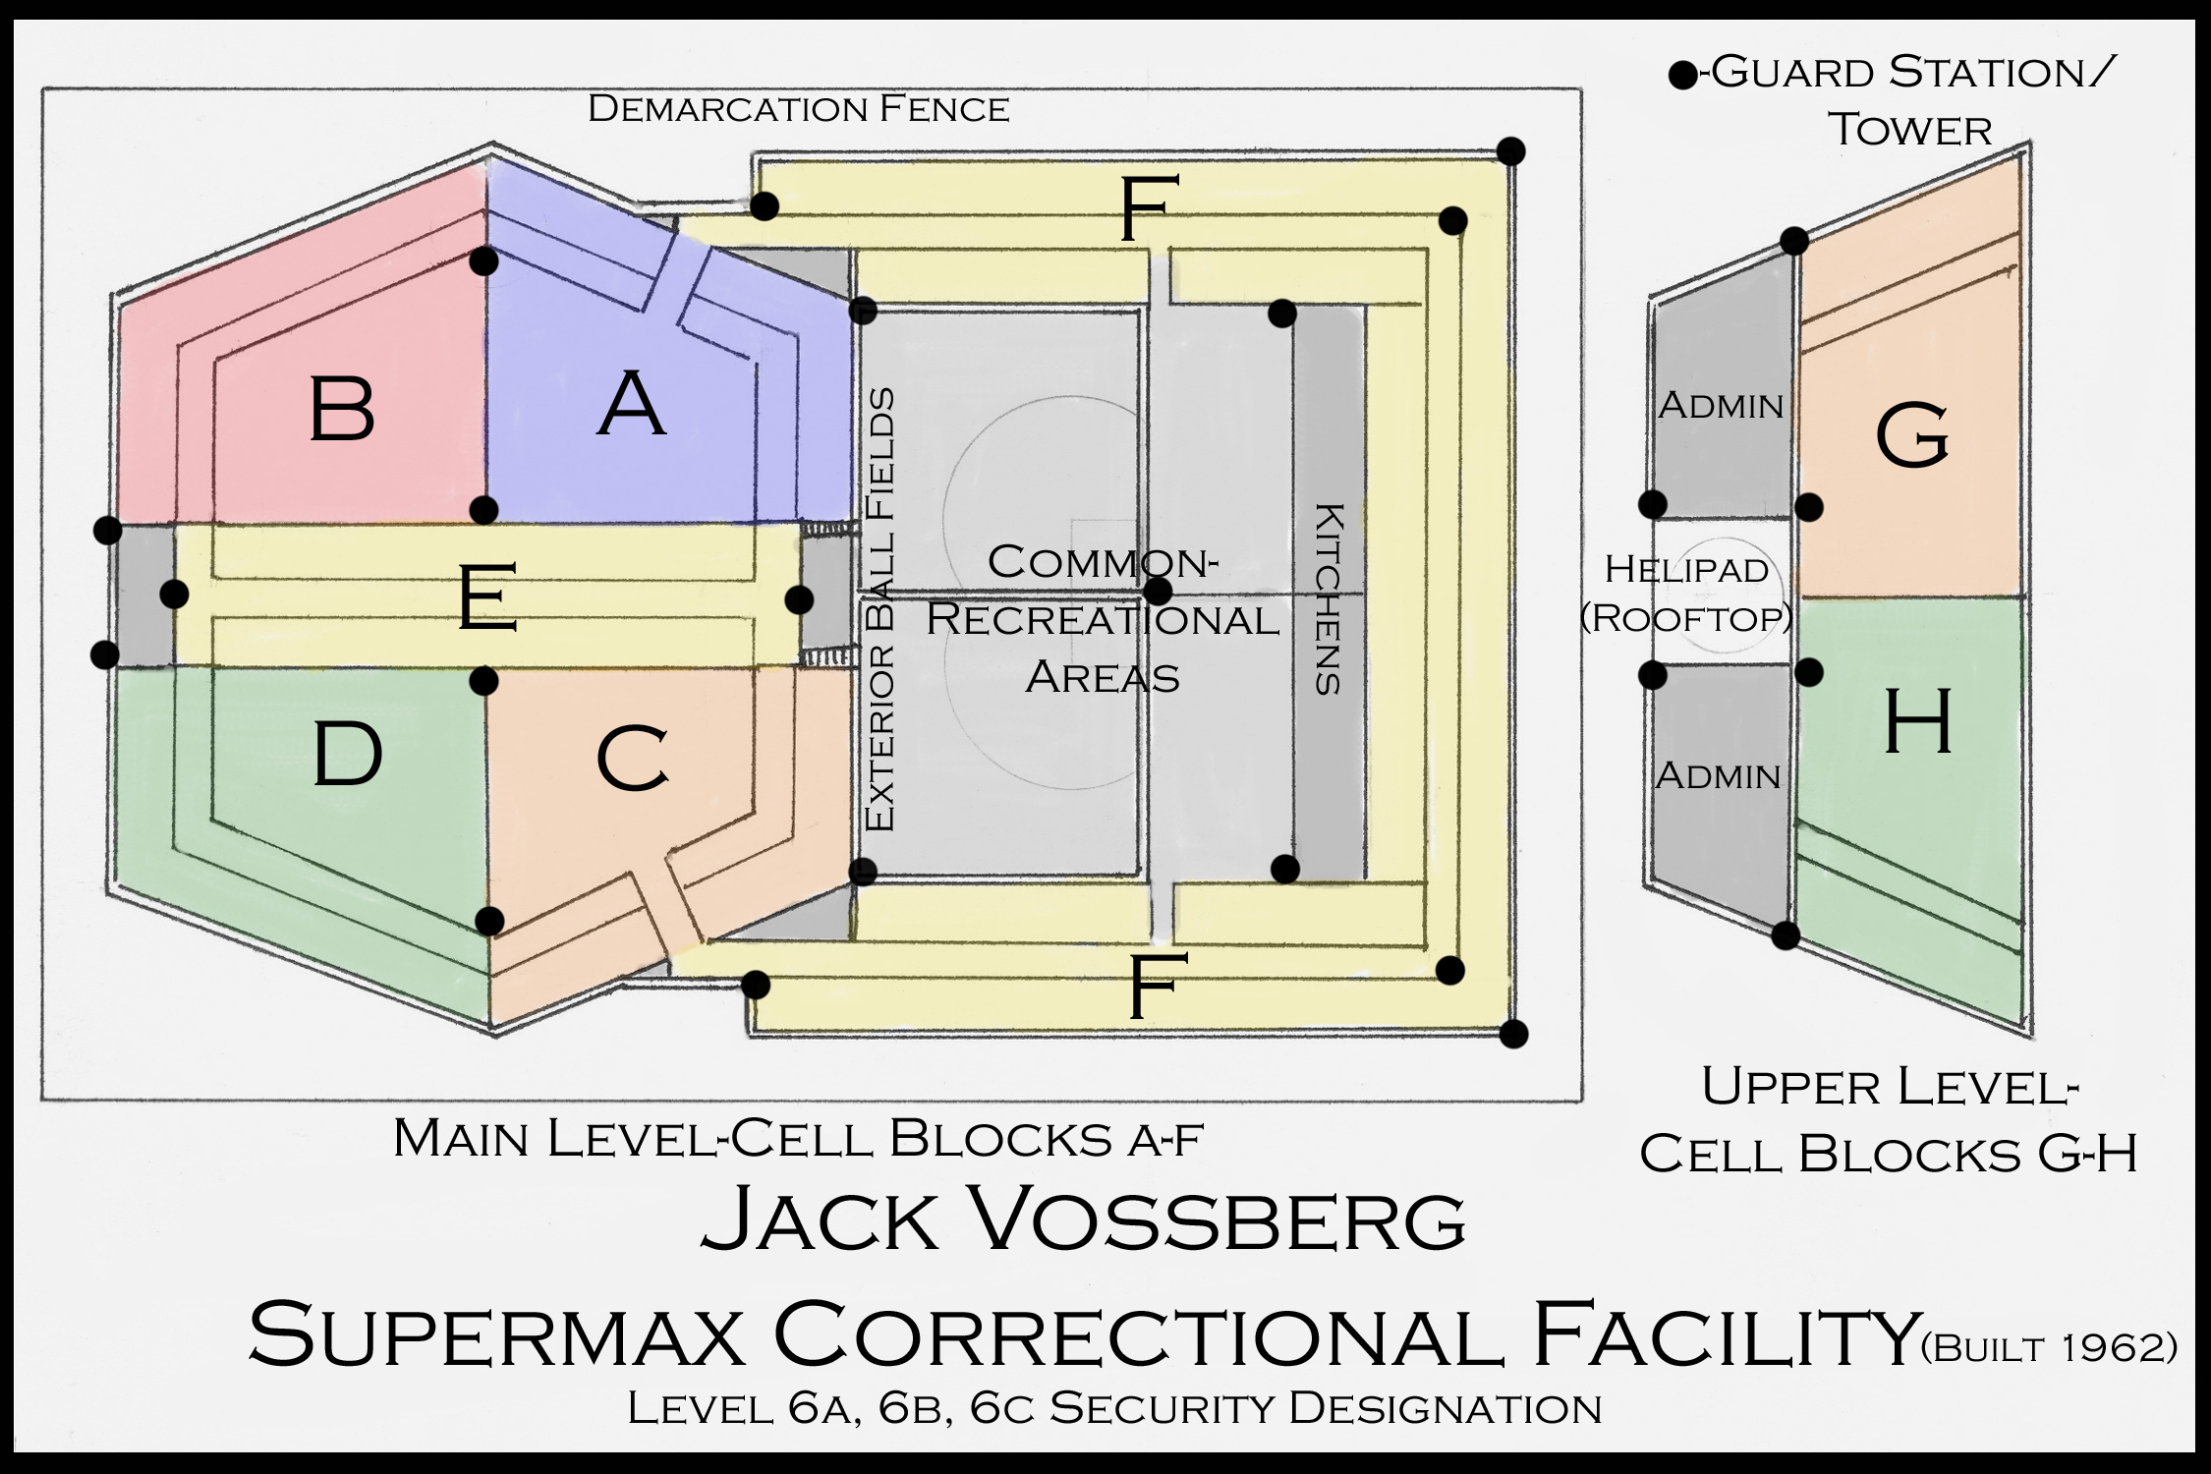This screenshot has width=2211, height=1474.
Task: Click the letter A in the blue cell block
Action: pyautogui.click(x=632, y=404)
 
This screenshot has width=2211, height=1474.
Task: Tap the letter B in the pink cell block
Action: pyautogui.click(x=342, y=409)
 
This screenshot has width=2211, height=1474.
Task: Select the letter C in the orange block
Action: pyautogui.click(x=633, y=759)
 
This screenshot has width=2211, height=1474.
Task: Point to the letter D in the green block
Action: pyautogui.click(x=347, y=754)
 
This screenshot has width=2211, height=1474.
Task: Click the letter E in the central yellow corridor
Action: pyautogui.click(x=488, y=595)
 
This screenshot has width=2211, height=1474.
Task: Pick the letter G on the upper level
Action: pyautogui.click(x=1912, y=437)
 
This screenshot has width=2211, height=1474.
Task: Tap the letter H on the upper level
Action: pyautogui.click(x=1917, y=722)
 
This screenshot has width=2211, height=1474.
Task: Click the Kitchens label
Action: pyautogui.click(x=1329, y=599)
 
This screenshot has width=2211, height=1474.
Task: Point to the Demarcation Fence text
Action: pyautogui.click(x=798, y=109)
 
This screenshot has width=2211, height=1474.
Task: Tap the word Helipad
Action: pyautogui.click(x=1686, y=569)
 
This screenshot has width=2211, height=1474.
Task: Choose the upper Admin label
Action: pyautogui.click(x=1721, y=406)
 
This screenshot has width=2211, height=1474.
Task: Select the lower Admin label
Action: pyautogui.click(x=1718, y=776)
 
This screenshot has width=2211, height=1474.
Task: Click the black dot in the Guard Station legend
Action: pyautogui.click(x=1683, y=75)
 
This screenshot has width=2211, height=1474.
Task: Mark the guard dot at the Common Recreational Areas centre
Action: pyautogui.click(x=1160, y=592)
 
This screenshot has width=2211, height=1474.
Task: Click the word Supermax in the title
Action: pyautogui.click(x=496, y=1334)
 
